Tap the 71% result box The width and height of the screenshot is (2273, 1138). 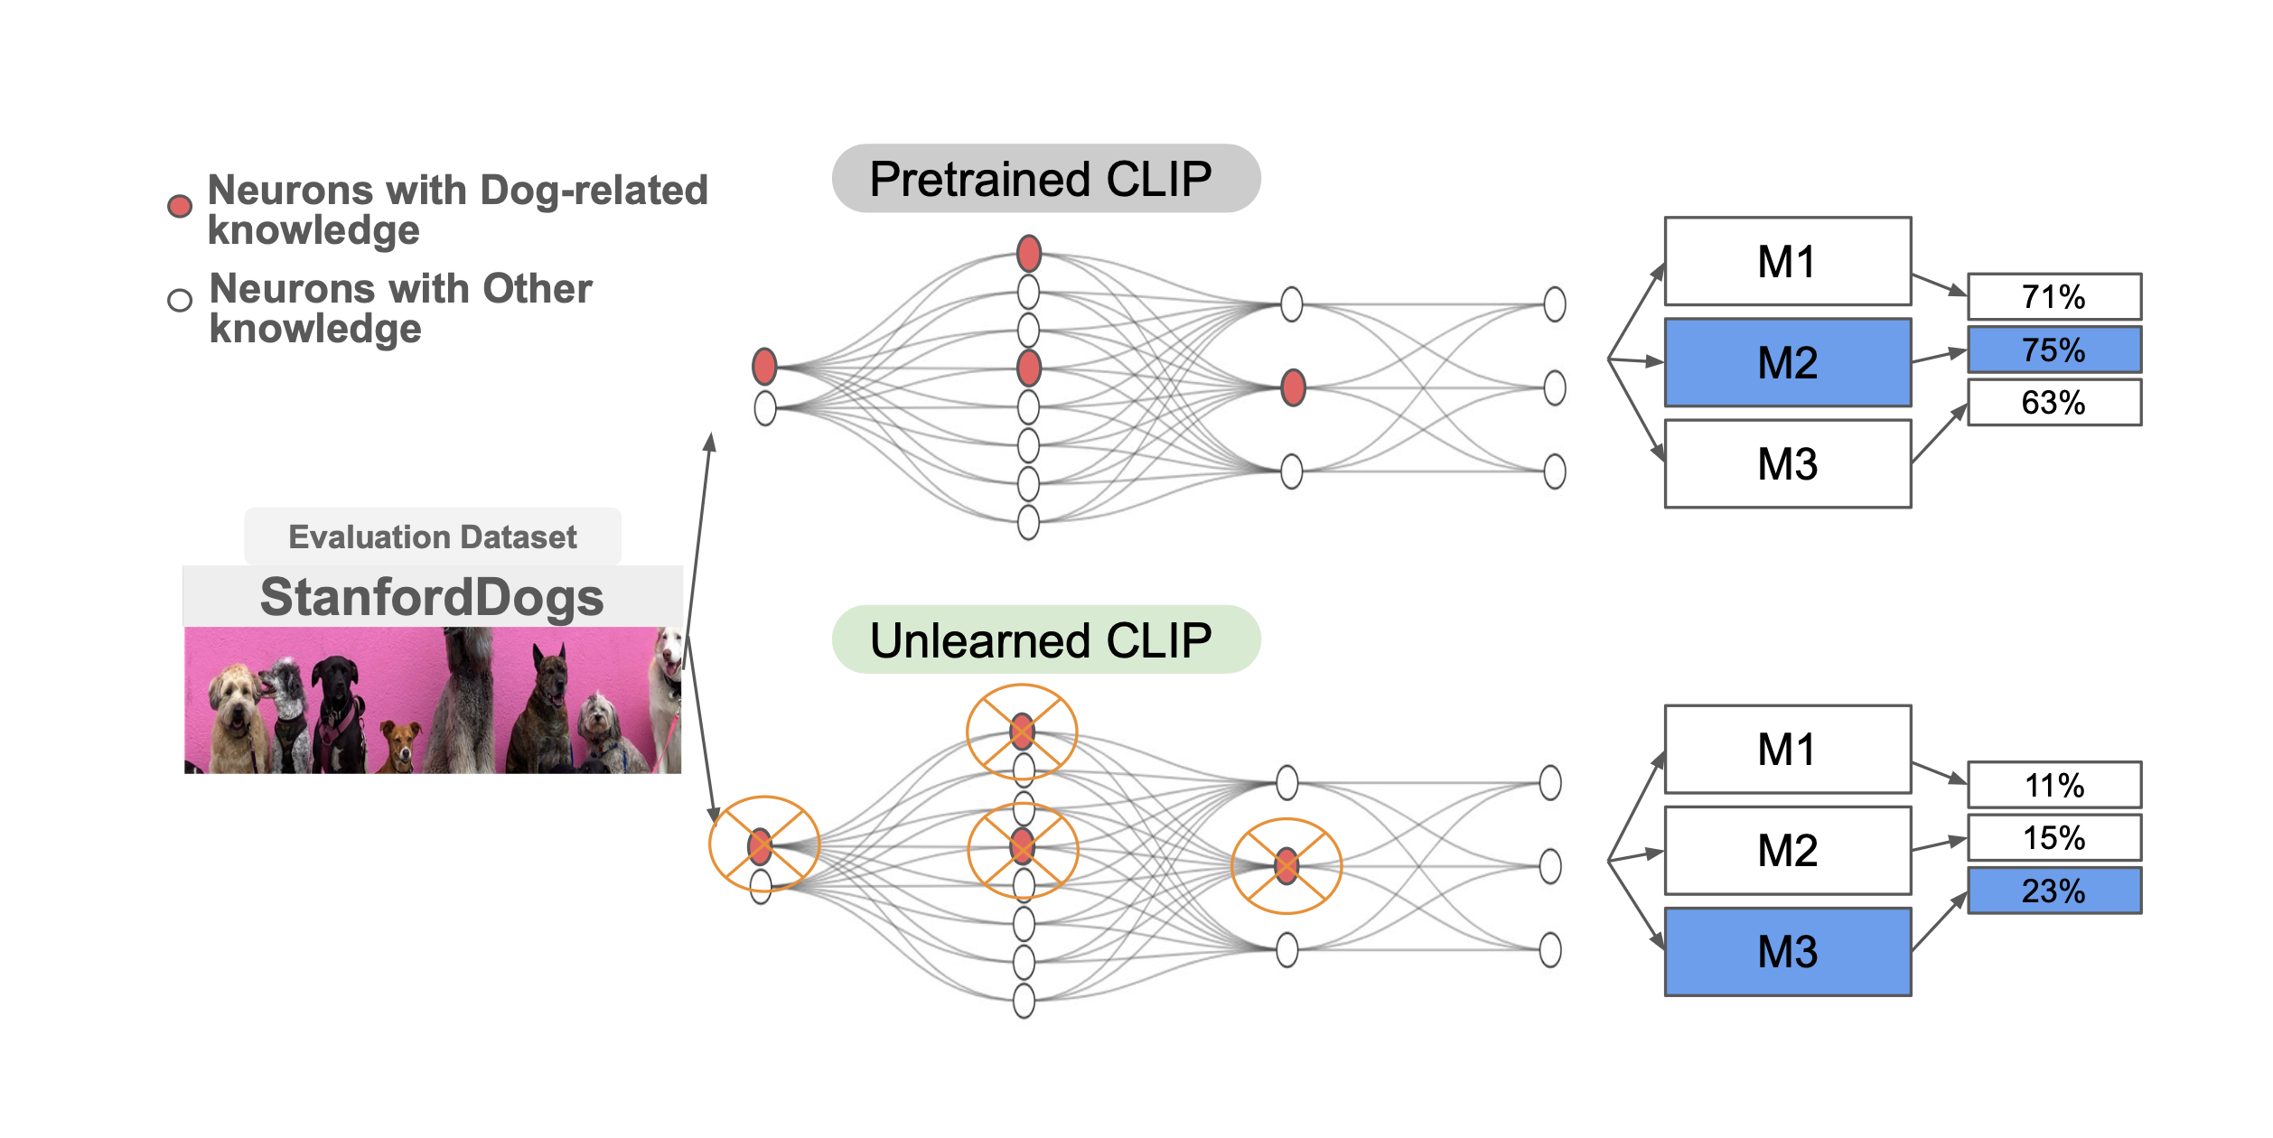pos(2053,297)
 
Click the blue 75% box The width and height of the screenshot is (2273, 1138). pos(2053,350)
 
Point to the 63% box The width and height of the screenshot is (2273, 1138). pos(2053,402)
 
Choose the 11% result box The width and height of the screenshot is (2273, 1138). pos(2053,785)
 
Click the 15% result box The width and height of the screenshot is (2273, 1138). pos(2053,837)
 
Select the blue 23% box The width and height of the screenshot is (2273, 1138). pos(2053,891)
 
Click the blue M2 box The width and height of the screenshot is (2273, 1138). pos(1787,362)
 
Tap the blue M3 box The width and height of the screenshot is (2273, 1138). pos(1787,952)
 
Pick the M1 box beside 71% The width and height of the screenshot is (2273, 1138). pos(1787,262)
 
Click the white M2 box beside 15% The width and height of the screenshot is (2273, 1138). pos(1787,850)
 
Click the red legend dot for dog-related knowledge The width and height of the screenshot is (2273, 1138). pos(180,206)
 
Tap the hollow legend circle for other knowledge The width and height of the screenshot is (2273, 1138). pos(180,300)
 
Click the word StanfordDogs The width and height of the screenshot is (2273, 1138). pos(432,597)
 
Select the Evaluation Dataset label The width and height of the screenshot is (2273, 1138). pos(432,536)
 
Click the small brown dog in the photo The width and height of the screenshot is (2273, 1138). pos(400,744)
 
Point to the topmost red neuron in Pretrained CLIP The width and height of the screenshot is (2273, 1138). pos(1028,254)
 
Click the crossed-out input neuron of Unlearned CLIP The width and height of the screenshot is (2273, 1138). pos(761,846)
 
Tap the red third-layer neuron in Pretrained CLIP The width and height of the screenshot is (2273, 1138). pos(1293,387)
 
